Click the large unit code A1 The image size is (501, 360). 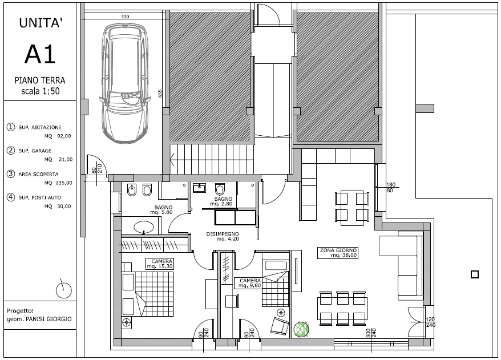pyautogui.click(x=40, y=54)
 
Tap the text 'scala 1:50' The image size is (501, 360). pyautogui.click(x=41, y=91)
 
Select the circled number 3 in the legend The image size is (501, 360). pyautogui.click(x=11, y=174)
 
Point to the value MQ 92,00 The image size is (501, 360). pyautogui.click(x=58, y=136)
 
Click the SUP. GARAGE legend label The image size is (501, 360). pyautogui.click(x=35, y=151)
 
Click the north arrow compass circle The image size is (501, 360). pyautogui.click(x=63, y=290)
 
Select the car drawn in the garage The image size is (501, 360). pyautogui.click(x=124, y=84)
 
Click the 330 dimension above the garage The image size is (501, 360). pyautogui.click(x=125, y=17)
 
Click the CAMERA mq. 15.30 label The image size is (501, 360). pyautogui.click(x=160, y=264)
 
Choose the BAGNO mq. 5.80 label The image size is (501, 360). pyautogui.click(x=161, y=209)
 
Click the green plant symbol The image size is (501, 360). pyautogui.click(x=301, y=329)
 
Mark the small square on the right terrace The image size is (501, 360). pyautogui.click(x=475, y=274)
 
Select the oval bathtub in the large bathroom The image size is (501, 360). pyautogui.click(x=143, y=227)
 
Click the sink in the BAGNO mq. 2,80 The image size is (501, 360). pyautogui.click(x=199, y=188)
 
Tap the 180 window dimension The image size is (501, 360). pyautogui.click(x=391, y=185)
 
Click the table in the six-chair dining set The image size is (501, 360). pyautogui.click(x=342, y=308)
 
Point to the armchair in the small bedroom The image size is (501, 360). pyautogui.click(x=279, y=326)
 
